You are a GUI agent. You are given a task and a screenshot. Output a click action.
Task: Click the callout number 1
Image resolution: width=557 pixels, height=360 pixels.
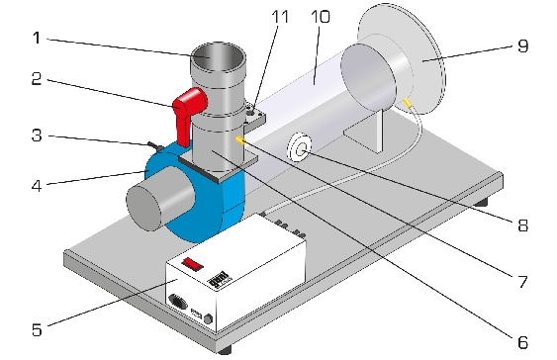37,38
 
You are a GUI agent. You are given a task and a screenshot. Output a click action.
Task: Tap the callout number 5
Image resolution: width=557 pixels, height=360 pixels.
37,329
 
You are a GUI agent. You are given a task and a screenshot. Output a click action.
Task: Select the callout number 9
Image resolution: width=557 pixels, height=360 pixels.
522,45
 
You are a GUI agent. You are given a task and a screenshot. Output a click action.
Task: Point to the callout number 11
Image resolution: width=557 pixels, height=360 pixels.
280,17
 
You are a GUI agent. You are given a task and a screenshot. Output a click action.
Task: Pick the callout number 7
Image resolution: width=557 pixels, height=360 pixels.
522,282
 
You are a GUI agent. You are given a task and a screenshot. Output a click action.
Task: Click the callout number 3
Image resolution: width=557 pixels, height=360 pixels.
37,135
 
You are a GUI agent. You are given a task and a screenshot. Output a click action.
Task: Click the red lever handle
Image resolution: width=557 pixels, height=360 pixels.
188,114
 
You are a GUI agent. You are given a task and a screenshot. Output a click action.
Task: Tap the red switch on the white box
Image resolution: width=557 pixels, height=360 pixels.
193,264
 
